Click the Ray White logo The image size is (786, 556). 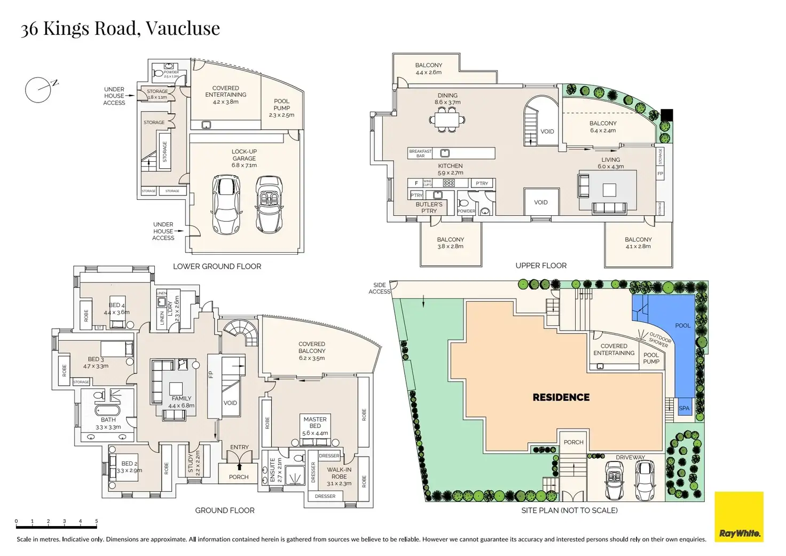point(739,517)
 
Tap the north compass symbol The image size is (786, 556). point(39,89)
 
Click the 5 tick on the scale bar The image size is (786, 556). point(96,521)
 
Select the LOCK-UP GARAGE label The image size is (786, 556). point(244,158)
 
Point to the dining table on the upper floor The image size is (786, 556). point(447,120)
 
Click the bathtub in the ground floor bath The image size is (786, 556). point(108,411)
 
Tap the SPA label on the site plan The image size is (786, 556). point(684,408)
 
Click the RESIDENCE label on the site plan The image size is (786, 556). point(561,397)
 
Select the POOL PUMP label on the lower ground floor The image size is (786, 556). point(281,108)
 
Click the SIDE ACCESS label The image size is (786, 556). point(380,288)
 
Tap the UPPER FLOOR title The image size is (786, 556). point(541,265)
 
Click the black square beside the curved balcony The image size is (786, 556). point(666,115)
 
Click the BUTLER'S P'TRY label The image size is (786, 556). point(429,207)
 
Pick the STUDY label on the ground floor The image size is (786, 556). point(191,463)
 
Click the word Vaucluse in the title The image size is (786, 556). point(183,28)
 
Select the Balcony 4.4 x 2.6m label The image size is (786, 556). point(428,68)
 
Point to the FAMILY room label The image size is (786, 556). point(182,402)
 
